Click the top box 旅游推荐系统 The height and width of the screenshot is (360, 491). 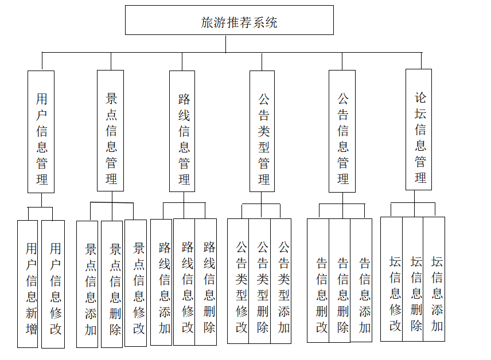click(229, 21)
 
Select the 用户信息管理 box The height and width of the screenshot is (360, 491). click(41, 132)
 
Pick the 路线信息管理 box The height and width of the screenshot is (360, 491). click(183, 131)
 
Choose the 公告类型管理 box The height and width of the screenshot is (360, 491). click(262, 131)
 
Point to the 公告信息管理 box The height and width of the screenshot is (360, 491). click(342, 131)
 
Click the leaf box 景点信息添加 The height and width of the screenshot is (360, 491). click(88, 284)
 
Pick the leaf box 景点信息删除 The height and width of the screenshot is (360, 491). click(112, 284)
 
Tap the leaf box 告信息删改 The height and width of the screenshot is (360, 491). click(318, 281)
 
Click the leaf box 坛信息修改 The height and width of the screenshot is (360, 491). click(392, 279)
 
